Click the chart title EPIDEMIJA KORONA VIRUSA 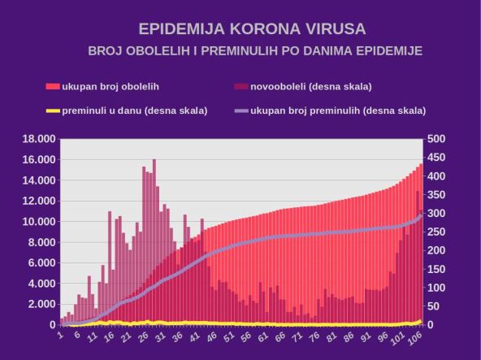point(252,29)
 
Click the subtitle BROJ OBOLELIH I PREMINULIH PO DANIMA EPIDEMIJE point(254,51)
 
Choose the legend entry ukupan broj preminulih point(338,111)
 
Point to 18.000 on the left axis point(37,139)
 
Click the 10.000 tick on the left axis point(37,222)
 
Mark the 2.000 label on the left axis point(40,304)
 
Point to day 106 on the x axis point(416,336)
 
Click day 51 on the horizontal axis point(230,336)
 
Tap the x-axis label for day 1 point(61,334)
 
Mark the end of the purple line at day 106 point(421,215)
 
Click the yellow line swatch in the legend point(53,111)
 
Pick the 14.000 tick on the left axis point(37,180)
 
